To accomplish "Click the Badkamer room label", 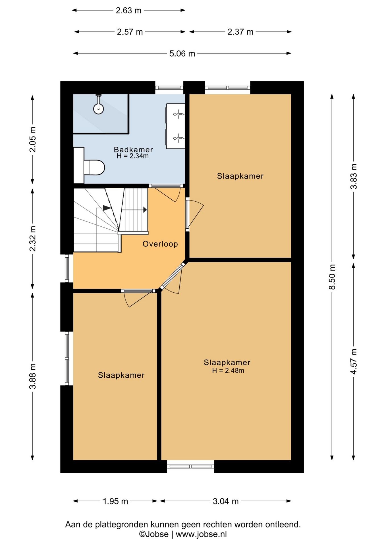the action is (x=133, y=149).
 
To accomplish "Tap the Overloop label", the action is (x=160, y=244).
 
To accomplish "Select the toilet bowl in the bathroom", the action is (x=94, y=167).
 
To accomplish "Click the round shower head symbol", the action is (x=99, y=109).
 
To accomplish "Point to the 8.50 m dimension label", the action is (x=332, y=277).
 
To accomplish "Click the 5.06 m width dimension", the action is (x=182, y=53).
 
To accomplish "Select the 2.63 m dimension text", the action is (x=128, y=11).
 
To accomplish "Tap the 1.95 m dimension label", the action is (x=115, y=501).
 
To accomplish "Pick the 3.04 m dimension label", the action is (x=226, y=501).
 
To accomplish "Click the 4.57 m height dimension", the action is (x=353, y=361).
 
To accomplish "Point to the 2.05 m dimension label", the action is (x=33, y=139).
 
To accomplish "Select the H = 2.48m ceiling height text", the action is (x=228, y=370).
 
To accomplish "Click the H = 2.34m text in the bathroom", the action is (x=132, y=156).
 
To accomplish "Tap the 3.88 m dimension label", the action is (x=33, y=376).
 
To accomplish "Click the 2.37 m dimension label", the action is (x=240, y=32).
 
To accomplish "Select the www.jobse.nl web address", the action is (x=201, y=534).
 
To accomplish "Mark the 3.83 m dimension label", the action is (x=353, y=176).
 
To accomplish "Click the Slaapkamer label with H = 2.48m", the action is (x=227, y=362).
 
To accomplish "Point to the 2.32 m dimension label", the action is (x=33, y=239).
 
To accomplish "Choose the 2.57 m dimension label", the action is (x=130, y=32).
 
